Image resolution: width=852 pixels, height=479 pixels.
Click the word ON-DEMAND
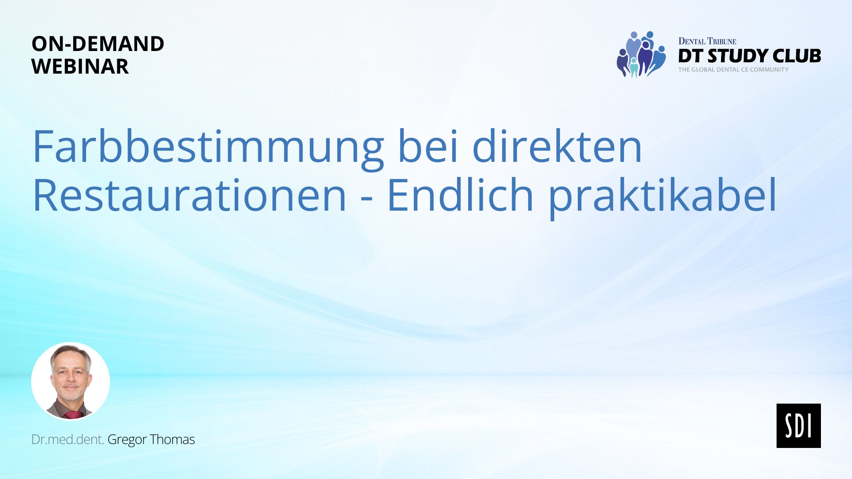coord(98,44)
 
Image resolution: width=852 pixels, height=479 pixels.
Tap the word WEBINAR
coord(80,67)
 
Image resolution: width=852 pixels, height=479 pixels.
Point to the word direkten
coord(557,146)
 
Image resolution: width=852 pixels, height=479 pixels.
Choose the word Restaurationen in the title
coord(189,195)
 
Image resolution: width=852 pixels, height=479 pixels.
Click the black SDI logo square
coord(799,426)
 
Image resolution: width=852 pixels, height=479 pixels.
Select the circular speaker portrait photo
coord(71,381)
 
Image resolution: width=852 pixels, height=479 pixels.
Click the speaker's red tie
coord(73,415)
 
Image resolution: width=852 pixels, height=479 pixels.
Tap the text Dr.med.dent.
coord(67,440)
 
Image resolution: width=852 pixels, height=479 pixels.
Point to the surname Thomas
coord(173,440)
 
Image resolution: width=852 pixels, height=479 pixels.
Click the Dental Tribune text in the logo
coord(707,41)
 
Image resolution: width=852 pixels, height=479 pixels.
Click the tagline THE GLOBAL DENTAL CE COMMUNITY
coord(734,70)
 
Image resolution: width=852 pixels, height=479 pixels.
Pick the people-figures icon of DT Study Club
coord(641,55)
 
